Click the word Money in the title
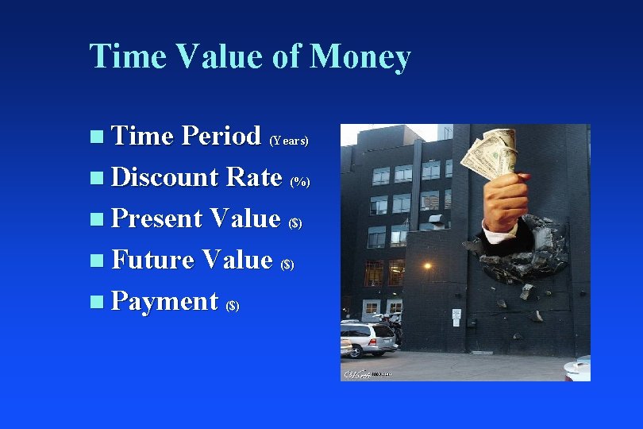pyautogui.click(x=360, y=57)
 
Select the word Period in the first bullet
pyautogui.click(x=221, y=136)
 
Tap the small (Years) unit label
pyautogui.click(x=289, y=141)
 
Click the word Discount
pyautogui.click(x=164, y=176)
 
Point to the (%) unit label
pyautogui.click(x=300, y=182)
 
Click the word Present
pyautogui.click(x=156, y=218)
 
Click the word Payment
pyautogui.click(x=164, y=301)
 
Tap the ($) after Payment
pyautogui.click(x=233, y=306)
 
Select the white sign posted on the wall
pyautogui.click(x=456, y=315)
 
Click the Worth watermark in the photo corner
pyautogui.click(x=361, y=373)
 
